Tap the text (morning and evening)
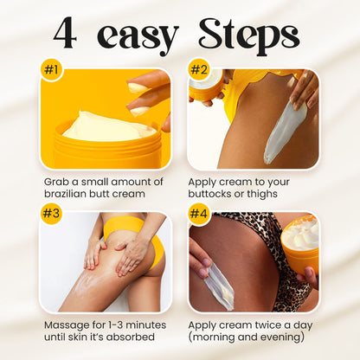(x=250, y=337)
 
